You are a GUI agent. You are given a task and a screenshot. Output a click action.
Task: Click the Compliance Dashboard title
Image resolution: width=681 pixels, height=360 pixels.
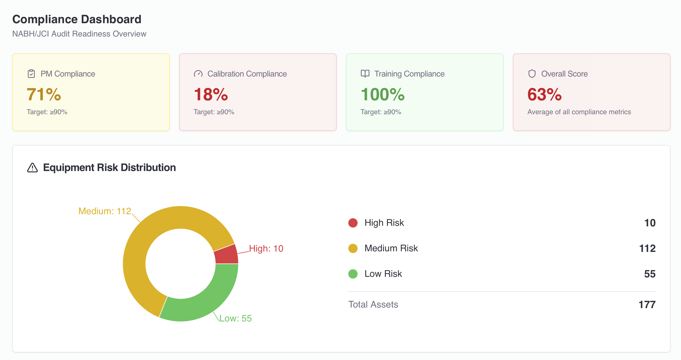(x=77, y=19)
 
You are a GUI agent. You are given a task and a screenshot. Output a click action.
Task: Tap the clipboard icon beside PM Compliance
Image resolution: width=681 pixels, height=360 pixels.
(x=31, y=74)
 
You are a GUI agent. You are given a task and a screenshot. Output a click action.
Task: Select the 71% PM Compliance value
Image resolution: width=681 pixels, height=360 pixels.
(x=44, y=94)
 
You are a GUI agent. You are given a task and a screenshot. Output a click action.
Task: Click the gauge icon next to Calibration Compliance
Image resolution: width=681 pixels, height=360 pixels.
(x=198, y=74)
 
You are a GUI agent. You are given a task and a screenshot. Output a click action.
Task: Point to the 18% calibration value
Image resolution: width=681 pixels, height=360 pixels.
(x=211, y=94)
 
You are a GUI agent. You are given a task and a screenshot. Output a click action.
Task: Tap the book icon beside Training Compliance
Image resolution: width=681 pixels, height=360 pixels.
(x=365, y=74)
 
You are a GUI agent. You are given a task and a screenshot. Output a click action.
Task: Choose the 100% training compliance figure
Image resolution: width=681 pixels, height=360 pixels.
(x=383, y=94)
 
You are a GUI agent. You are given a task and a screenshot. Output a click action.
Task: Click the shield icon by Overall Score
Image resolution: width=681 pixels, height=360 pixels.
(x=532, y=74)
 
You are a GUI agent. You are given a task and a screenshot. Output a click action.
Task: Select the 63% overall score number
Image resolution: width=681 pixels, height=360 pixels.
(x=545, y=94)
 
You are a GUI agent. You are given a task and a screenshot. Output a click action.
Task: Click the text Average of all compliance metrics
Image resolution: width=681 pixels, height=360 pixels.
(x=579, y=112)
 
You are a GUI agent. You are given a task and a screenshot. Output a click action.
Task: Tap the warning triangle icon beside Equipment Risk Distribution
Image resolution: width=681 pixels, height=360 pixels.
(x=32, y=168)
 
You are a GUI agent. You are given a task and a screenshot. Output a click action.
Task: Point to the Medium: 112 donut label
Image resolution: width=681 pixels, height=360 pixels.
(x=105, y=211)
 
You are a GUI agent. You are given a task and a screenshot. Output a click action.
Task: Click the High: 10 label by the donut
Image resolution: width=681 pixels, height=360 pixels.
(x=266, y=248)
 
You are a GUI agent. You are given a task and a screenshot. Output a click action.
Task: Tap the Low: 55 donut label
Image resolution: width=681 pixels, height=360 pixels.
(x=235, y=318)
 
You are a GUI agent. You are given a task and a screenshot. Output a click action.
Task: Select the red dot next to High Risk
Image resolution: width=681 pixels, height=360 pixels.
(x=353, y=223)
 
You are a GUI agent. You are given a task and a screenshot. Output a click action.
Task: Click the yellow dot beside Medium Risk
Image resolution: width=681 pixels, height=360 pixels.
(x=353, y=248)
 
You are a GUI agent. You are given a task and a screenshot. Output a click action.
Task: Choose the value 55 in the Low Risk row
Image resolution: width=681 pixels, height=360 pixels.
(x=650, y=274)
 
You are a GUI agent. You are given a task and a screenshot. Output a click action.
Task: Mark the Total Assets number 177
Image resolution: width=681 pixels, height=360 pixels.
(x=647, y=305)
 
